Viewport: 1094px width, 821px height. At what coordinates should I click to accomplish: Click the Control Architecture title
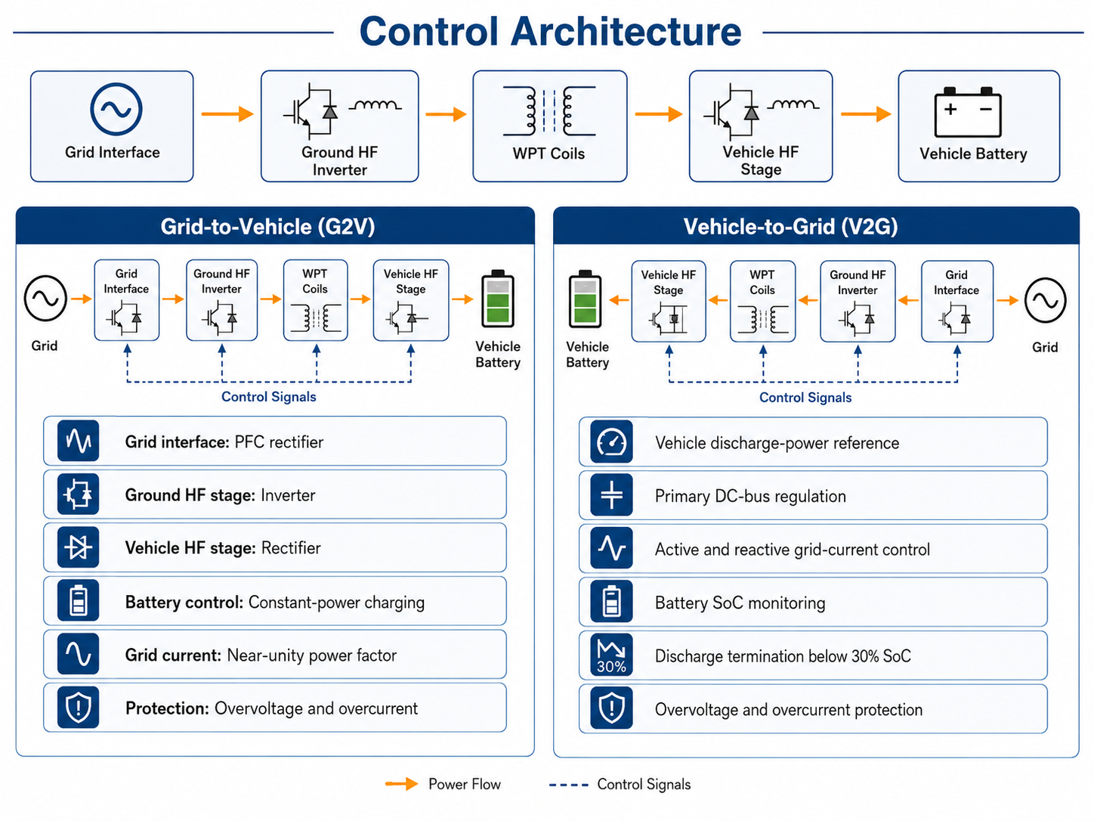pyautogui.click(x=550, y=31)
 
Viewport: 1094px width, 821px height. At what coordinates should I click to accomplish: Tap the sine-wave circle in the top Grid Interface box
pyautogui.click(x=116, y=85)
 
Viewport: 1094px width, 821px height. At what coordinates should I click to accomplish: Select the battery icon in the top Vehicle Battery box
pyautogui.click(x=967, y=112)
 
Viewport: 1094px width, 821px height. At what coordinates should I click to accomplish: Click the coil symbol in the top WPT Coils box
pyautogui.click(x=549, y=110)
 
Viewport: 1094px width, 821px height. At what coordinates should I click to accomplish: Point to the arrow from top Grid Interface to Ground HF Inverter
pyautogui.click(x=227, y=113)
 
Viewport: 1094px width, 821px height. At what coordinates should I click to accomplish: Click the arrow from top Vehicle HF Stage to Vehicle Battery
pyautogui.click(x=866, y=113)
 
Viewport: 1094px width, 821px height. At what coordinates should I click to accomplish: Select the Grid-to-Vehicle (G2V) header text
pyautogui.click(x=267, y=227)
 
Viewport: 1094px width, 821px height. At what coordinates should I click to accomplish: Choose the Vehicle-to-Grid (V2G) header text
pyautogui.click(x=790, y=227)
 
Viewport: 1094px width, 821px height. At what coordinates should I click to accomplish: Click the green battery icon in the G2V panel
pyautogui.click(x=497, y=299)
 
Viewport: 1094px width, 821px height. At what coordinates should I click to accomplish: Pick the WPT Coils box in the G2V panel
pyautogui.click(x=316, y=300)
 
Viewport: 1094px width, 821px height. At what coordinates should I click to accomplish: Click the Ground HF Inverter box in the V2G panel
pyautogui.click(x=858, y=301)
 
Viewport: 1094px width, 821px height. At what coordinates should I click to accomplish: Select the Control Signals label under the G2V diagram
pyautogui.click(x=269, y=397)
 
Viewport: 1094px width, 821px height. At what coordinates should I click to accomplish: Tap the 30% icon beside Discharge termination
pyautogui.click(x=611, y=655)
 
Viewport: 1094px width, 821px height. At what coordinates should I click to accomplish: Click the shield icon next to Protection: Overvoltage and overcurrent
pyautogui.click(x=79, y=708)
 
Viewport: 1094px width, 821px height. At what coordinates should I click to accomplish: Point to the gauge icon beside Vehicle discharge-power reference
pyautogui.click(x=611, y=442)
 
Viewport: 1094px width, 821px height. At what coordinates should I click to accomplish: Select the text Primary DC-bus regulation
pyautogui.click(x=750, y=497)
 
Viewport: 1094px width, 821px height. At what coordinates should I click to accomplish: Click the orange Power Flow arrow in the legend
pyautogui.click(x=401, y=784)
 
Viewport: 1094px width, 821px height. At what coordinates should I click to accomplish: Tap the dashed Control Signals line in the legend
pyautogui.click(x=569, y=785)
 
